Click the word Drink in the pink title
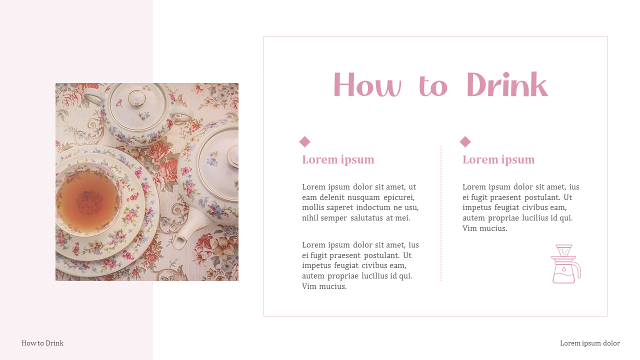(x=507, y=85)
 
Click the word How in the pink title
(x=366, y=85)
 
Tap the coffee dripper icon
(x=565, y=264)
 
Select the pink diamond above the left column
(x=304, y=142)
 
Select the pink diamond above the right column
(x=465, y=142)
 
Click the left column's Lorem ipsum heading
(x=338, y=159)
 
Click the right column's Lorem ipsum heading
(x=498, y=159)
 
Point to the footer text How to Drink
(x=42, y=343)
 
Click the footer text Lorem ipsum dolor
(x=589, y=343)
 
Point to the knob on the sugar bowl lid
(x=136, y=97)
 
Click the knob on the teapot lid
(x=233, y=156)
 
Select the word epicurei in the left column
(x=398, y=197)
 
